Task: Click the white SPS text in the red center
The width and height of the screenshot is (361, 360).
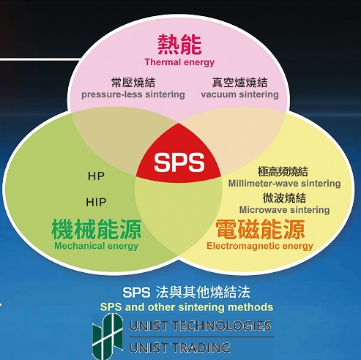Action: [179, 162]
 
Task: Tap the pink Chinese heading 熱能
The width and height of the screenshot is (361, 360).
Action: [179, 45]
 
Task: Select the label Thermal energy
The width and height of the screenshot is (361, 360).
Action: [179, 62]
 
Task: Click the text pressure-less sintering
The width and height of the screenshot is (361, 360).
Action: [133, 94]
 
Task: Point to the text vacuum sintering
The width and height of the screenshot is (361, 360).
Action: [239, 94]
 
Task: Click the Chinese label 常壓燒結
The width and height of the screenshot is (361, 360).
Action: [133, 83]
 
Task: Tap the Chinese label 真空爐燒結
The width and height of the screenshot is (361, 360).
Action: [239, 83]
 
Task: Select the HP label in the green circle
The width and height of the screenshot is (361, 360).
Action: [96, 176]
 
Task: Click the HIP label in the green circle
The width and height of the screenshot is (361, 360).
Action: [96, 202]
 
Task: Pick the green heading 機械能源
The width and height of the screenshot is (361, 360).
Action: [97, 229]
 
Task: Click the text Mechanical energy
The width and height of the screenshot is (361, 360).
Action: [97, 246]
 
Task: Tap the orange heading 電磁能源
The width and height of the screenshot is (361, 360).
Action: [260, 229]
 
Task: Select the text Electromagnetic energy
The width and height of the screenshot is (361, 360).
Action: [260, 246]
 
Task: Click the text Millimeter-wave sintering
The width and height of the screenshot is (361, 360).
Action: [284, 184]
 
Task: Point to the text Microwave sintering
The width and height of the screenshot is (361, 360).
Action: [284, 210]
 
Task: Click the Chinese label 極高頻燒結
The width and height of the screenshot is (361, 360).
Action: [283, 171]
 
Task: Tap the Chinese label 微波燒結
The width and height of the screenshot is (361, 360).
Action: [284, 198]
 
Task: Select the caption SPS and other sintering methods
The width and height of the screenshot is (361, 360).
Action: [187, 307]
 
